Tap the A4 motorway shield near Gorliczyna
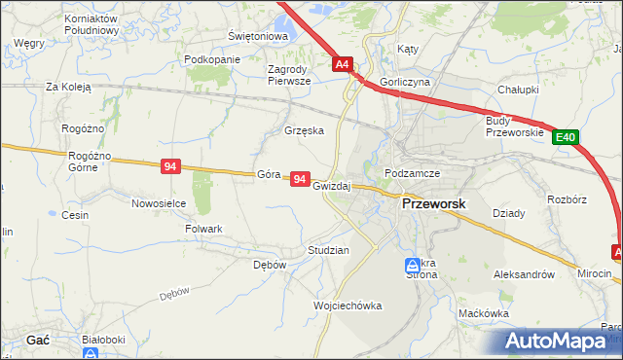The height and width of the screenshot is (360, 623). [x=342, y=65]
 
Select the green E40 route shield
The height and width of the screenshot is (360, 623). [x=567, y=138]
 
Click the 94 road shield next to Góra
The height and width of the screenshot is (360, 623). [x=300, y=180]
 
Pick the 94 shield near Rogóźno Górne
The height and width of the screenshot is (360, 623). [x=170, y=167]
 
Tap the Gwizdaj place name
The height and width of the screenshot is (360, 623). [x=331, y=185]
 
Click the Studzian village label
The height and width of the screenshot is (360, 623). [x=328, y=250]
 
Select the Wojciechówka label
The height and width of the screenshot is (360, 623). [x=348, y=306]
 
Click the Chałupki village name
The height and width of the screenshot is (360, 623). [x=518, y=89]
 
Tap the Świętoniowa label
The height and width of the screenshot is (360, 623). [x=258, y=36]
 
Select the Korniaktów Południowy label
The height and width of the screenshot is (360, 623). [x=91, y=24]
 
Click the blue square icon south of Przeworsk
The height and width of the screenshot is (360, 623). [x=413, y=265]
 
